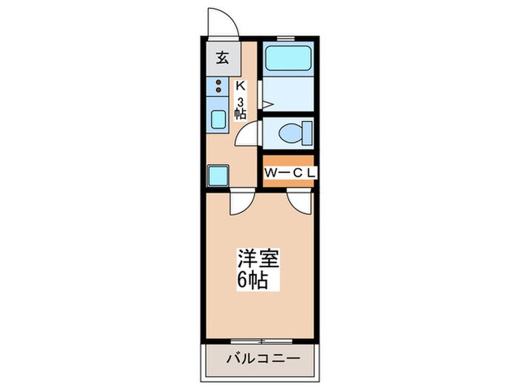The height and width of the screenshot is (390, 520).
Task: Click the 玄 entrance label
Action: coord(221,56)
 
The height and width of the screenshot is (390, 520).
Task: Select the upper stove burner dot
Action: coord(219,82)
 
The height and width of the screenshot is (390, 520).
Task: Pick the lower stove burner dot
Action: coord(219,91)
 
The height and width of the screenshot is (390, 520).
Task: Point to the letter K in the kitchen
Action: coord(240,86)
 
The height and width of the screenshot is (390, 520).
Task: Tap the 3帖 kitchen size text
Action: coord(240,107)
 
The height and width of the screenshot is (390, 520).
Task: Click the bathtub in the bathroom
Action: coord(287,58)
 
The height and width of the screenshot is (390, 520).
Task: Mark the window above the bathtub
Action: coord(286,37)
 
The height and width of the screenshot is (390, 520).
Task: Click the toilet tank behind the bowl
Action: coord(308,134)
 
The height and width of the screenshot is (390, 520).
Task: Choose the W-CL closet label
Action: coord(290,172)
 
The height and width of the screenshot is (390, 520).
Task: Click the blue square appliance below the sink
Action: coord(219,175)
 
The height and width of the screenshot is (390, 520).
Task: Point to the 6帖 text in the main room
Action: coord(253,282)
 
